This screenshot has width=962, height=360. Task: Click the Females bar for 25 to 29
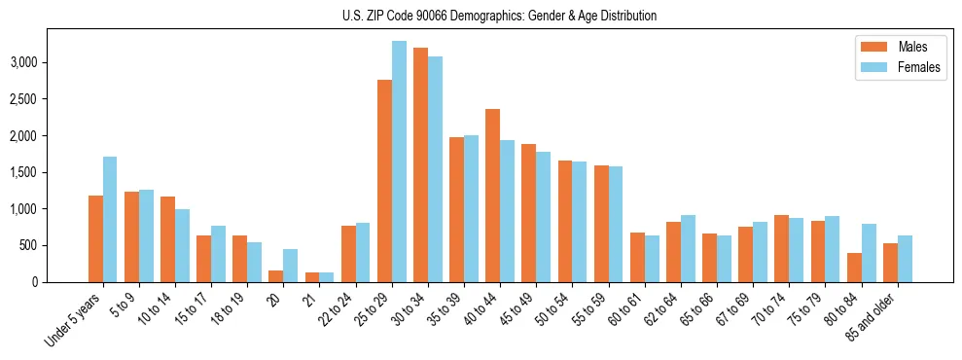[399, 162]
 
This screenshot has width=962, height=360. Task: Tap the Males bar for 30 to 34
[420, 164]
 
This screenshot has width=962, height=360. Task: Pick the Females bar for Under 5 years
[110, 219]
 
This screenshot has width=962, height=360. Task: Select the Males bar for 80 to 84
[853, 268]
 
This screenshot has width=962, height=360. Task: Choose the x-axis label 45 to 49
[514, 309]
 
